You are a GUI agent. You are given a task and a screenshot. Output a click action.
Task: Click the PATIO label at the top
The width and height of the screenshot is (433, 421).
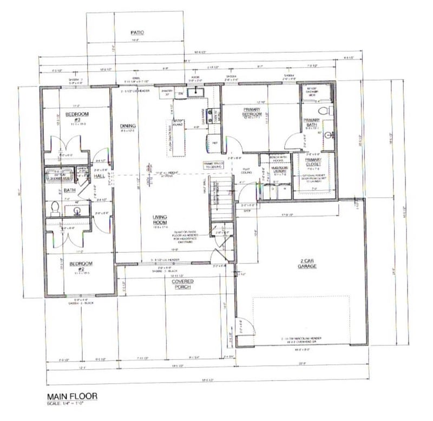click(136, 32)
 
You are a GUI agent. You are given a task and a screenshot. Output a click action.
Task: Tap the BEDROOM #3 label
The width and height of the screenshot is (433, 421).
click(77, 114)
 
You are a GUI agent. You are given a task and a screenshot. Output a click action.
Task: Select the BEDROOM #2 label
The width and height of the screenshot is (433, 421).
click(81, 264)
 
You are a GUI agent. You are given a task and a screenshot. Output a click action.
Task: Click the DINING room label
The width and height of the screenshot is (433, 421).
click(128, 127)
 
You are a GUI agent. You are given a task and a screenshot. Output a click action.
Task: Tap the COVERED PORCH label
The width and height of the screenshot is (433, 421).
click(183, 285)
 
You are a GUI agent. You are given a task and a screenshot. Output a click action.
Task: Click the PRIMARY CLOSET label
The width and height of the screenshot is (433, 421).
click(313, 162)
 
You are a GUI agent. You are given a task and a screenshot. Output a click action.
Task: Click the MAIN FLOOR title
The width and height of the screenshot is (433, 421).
click(72, 396)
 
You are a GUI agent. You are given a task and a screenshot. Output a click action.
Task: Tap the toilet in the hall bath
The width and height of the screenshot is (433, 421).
click(55, 207)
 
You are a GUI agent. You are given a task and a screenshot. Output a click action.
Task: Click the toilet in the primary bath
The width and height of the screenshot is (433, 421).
click(324, 111)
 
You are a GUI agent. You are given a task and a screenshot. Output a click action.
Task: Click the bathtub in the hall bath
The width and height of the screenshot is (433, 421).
click(58, 175)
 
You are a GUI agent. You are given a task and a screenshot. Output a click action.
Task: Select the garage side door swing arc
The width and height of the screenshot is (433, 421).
click(245, 326)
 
